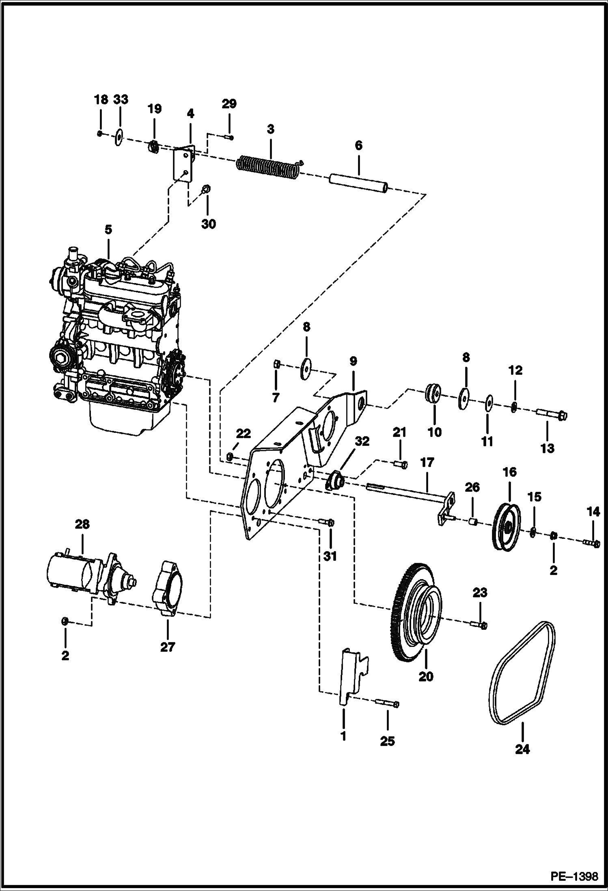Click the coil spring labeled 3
click(x=268, y=168)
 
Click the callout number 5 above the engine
click(x=108, y=229)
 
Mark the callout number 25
click(x=387, y=741)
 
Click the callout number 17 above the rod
click(x=427, y=463)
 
